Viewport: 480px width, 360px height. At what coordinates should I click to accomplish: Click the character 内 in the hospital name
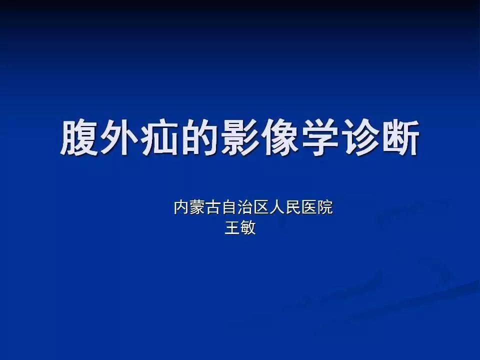[x=181, y=207]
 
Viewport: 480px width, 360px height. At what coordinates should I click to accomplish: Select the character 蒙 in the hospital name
[x=197, y=207]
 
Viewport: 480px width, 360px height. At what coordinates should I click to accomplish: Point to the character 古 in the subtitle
[x=213, y=207]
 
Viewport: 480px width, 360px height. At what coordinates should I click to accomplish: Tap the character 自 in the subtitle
[x=229, y=207]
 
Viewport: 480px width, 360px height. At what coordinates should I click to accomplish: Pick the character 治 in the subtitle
[x=245, y=207]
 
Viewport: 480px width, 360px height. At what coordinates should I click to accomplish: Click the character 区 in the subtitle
[x=261, y=207]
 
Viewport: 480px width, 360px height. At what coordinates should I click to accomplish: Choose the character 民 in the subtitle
[x=293, y=207]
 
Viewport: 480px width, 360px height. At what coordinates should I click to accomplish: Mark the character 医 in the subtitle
[x=309, y=207]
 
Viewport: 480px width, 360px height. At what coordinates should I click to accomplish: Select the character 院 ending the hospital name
[x=325, y=207]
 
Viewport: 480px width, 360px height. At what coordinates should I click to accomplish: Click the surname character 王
[x=232, y=228]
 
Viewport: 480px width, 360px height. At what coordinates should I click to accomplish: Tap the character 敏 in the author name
[x=248, y=228]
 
